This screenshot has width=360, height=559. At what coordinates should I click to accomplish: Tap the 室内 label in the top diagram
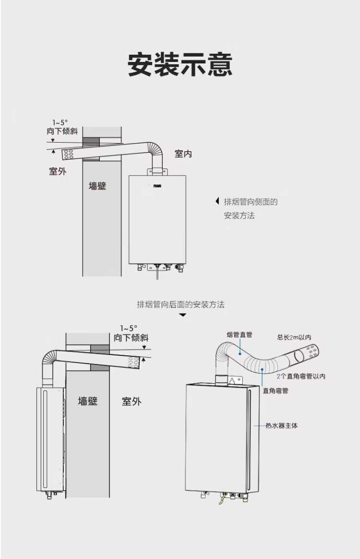(x=183, y=154)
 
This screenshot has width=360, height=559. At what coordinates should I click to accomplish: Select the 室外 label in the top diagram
(x=58, y=171)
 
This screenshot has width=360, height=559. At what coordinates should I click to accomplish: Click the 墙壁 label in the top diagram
(x=97, y=185)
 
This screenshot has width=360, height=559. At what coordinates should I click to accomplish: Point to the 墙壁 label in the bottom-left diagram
(x=88, y=401)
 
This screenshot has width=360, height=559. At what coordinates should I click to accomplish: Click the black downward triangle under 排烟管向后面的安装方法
(x=182, y=315)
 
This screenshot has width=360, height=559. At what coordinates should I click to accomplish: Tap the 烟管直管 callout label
(x=239, y=335)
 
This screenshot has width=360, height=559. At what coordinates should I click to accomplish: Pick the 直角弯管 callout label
(x=275, y=391)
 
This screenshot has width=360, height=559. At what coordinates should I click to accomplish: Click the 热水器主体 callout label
(x=282, y=425)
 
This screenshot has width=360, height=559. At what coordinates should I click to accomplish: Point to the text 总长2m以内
(x=294, y=337)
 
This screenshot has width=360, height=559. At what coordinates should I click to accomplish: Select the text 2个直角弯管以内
(x=301, y=376)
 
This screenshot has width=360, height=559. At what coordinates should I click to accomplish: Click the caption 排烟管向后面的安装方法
(x=180, y=304)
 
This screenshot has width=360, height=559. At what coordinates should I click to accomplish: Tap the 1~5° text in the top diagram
(x=60, y=122)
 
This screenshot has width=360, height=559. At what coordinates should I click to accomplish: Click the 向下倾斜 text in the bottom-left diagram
(x=131, y=338)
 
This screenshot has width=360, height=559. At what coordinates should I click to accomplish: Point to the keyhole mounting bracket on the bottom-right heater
(x=233, y=380)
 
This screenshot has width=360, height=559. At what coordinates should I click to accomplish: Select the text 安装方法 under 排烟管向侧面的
(x=239, y=216)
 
